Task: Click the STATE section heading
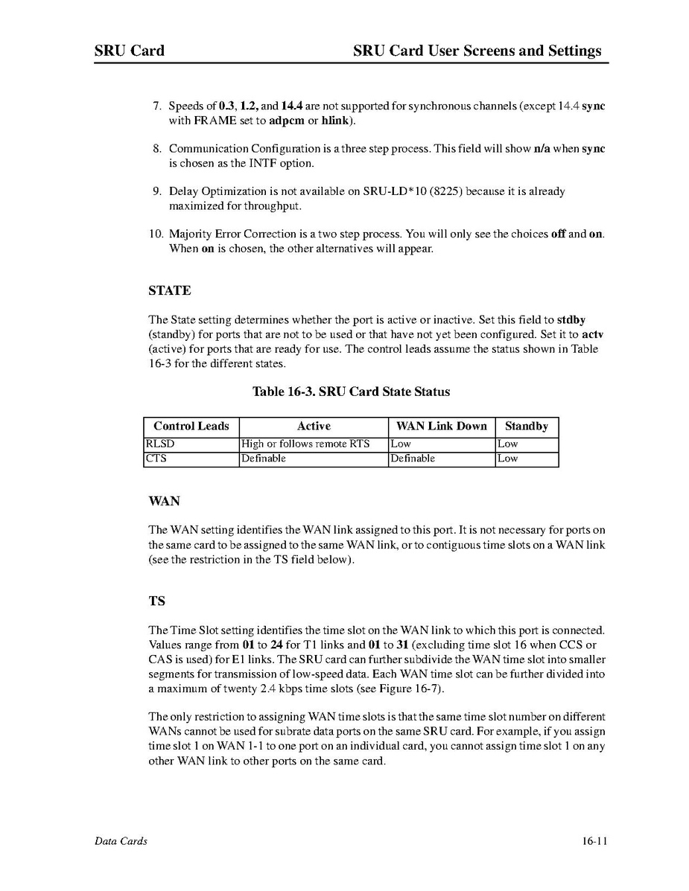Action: click(169, 290)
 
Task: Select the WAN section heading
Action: click(164, 501)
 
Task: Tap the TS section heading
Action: click(156, 601)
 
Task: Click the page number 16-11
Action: click(595, 841)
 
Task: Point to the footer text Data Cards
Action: click(121, 841)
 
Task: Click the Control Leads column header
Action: click(191, 427)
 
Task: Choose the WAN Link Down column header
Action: click(441, 427)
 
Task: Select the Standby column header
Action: click(526, 427)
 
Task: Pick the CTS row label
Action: click(156, 459)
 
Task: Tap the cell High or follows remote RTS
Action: click(305, 444)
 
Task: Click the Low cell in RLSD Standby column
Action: click(508, 444)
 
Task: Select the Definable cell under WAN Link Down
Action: click(413, 459)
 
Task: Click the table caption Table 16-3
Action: click(351, 392)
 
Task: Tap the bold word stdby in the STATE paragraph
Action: click(571, 320)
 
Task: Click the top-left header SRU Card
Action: click(130, 51)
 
